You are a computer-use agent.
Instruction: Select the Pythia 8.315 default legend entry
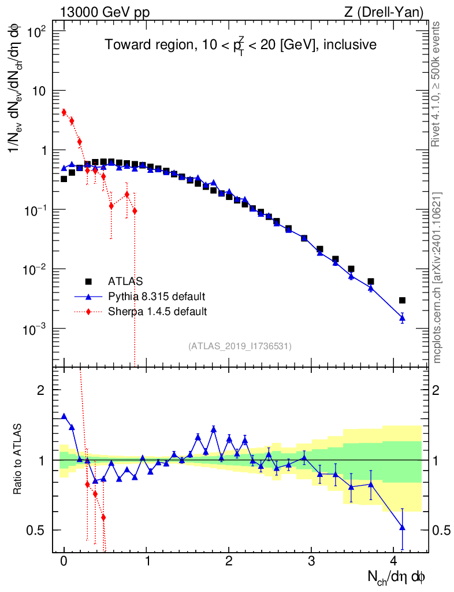coord(157,297)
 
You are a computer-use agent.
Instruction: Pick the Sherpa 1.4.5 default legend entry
coord(158,312)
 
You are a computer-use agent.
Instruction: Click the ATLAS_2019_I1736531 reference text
coord(240,346)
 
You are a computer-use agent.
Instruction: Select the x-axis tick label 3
coord(311,561)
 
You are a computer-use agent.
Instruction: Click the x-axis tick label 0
coord(64,561)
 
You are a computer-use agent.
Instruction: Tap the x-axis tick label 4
coord(394,561)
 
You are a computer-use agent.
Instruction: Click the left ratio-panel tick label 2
coord(41,390)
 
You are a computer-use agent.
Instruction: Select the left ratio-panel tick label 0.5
coord(36,530)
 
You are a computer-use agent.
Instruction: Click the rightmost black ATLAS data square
coord(402,300)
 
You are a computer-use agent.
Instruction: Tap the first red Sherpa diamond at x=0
coord(64,112)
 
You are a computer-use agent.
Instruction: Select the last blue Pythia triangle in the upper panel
coord(402,318)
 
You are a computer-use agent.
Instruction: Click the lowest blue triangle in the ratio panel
coord(402,527)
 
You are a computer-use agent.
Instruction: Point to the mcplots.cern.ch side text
coord(437,277)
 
